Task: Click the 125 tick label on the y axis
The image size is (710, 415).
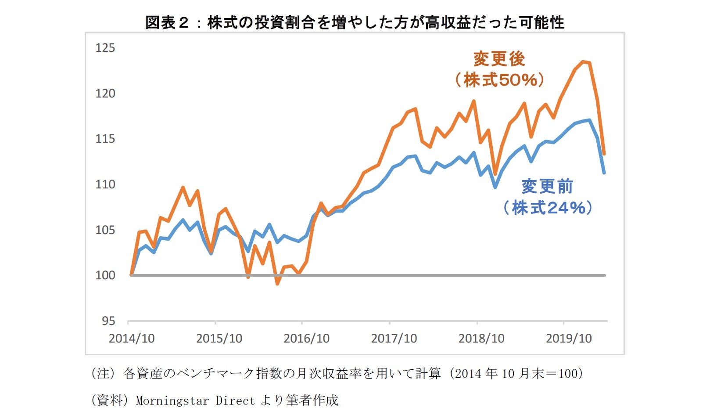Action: [105, 48]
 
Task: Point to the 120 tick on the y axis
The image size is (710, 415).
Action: [105, 94]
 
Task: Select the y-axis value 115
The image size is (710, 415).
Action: [105, 139]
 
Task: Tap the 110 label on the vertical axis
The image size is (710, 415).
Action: [105, 184]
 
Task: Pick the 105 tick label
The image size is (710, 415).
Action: [105, 230]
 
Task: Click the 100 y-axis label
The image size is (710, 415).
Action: [105, 275]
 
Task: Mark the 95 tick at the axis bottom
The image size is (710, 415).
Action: [108, 321]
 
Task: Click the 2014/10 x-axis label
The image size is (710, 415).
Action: [132, 339]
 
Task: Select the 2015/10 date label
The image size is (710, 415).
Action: [219, 339]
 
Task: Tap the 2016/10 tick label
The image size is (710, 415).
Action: [306, 339]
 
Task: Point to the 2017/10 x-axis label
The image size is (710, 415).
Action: [394, 339]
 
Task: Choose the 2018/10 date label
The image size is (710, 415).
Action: [481, 339]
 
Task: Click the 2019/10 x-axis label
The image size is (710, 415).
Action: [569, 339]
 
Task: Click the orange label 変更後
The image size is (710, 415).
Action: [499, 59]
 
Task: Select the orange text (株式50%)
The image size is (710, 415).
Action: [499, 80]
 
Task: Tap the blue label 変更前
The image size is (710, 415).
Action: [548, 187]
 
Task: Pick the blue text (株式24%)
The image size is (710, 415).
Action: [548, 208]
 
